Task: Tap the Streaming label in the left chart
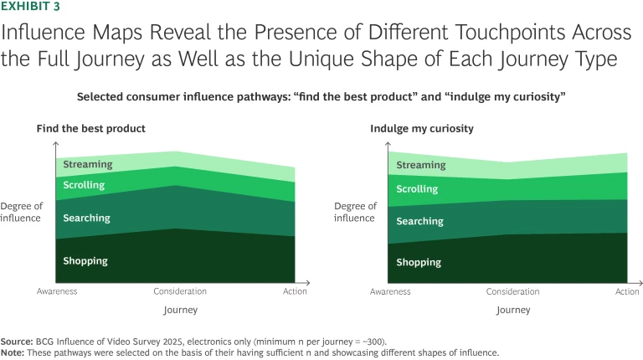(88, 165)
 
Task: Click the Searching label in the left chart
(87, 219)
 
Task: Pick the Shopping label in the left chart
(85, 261)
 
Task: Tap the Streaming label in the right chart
(421, 166)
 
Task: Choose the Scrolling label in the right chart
(417, 189)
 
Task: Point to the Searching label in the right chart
(419, 222)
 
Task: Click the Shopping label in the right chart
(419, 263)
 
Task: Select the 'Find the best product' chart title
(91, 129)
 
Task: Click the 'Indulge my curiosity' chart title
(422, 129)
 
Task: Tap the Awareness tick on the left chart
(57, 291)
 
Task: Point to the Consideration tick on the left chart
(180, 291)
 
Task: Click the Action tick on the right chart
(627, 291)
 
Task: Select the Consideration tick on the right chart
(512, 291)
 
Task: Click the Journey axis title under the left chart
(180, 310)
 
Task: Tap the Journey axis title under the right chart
(512, 310)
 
